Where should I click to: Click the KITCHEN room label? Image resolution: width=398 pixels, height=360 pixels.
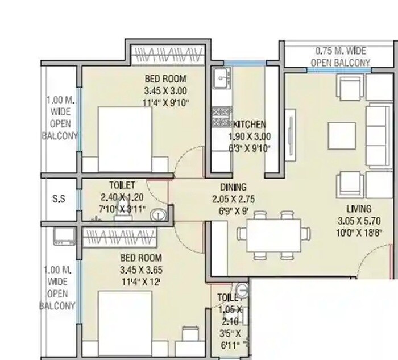[x=250, y=125]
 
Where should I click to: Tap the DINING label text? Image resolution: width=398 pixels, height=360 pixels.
[x=233, y=187]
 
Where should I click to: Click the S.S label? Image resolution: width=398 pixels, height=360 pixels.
[x=59, y=198]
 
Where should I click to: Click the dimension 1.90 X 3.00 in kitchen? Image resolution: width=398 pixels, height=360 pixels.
[x=249, y=136]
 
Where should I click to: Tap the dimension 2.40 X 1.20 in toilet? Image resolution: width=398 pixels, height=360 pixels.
[x=123, y=197]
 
